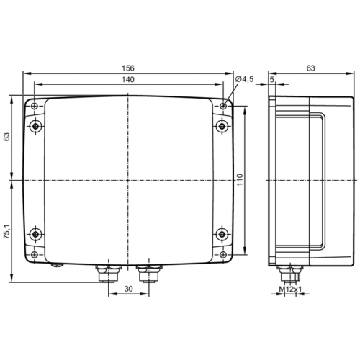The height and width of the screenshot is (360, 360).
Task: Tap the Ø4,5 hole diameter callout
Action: [245, 79]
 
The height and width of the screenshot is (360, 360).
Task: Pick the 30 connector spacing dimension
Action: [128, 289]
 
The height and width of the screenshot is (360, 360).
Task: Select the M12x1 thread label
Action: [290, 289]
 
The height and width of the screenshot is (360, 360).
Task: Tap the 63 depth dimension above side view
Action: [310, 68]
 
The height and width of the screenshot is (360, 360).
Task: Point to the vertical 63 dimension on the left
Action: [8, 137]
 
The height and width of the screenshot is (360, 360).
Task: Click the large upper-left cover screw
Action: [37, 127]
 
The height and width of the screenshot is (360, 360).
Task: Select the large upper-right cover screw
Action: [221, 127]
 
